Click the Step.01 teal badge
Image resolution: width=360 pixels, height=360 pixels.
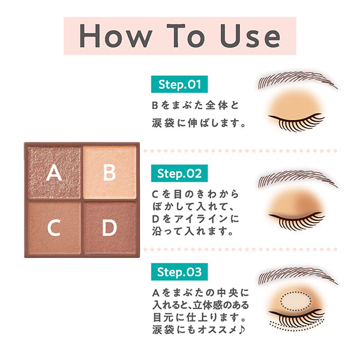[179, 83]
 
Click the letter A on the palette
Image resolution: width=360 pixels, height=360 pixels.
[54, 173]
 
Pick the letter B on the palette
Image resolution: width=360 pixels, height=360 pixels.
[109, 173]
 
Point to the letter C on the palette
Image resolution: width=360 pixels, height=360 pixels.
[54, 228]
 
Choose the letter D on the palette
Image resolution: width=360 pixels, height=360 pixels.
[109, 228]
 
